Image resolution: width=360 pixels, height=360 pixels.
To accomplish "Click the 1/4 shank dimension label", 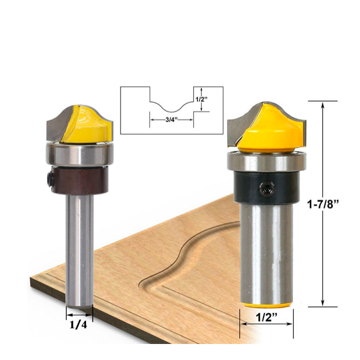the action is [x=79, y=325].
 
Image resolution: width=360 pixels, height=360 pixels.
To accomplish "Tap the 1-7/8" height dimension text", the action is [x=323, y=204].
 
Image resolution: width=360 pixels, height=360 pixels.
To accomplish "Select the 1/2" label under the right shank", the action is [x=266, y=317].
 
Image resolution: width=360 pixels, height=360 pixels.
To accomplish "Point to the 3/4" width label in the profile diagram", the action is [x=172, y=120].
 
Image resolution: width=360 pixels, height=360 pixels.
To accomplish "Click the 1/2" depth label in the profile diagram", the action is [x=201, y=100].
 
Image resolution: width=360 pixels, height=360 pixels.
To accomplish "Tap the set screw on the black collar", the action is [x=267, y=189].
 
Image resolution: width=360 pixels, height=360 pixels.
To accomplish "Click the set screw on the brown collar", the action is [x=50, y=179].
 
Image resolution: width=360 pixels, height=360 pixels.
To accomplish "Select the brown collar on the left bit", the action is [x=80, y=180].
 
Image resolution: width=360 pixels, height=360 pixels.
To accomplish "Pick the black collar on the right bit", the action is [x=266, y=188].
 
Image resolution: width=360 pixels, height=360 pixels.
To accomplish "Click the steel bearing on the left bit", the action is [x=80, y=153].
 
